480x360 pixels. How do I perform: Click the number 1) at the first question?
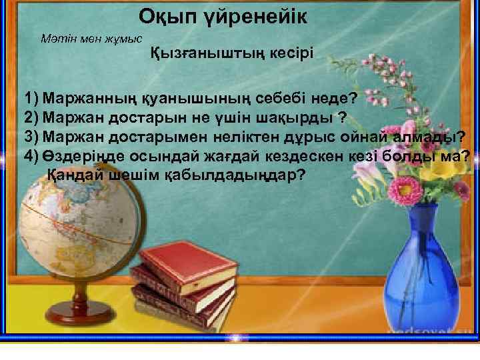pyautogui.click(x=32, y=99)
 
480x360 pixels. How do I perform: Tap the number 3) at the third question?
pyautogui.click(x=32, y=137)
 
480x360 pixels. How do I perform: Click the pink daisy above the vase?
pyautogui.click(x=413, y=191)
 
